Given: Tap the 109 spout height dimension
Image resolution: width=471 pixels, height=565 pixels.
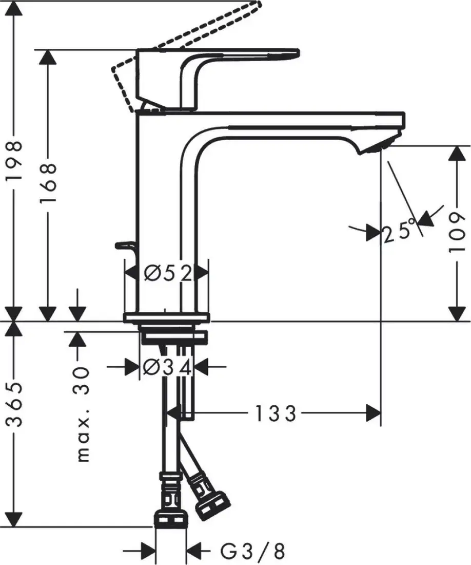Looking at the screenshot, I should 456,233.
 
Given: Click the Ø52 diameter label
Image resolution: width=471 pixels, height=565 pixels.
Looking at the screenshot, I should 167,273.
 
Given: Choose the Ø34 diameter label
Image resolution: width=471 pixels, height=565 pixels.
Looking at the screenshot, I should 167,367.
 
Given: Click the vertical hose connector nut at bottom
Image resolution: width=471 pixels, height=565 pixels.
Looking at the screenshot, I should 170,517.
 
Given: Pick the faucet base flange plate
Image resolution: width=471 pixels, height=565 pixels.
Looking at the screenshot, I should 167,317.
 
